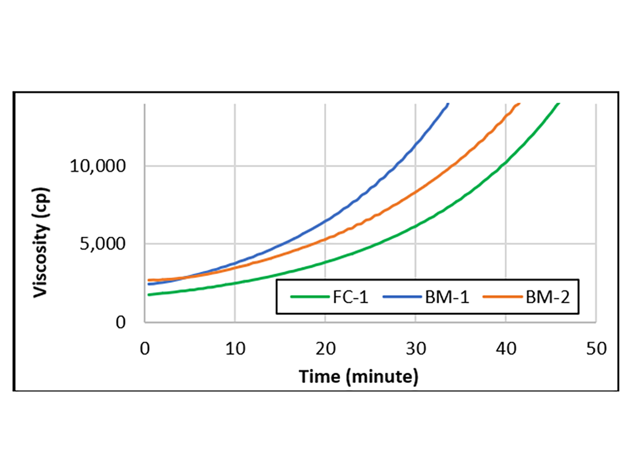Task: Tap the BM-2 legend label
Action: coord(549,297)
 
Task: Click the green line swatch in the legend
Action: coord(306,297)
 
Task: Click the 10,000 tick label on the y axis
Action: coord(97,166)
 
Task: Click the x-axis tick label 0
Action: coord(145,348)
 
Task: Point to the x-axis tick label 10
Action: coord(235,348)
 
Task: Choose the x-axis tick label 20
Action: coord(325,348)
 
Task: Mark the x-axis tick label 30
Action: coord(416,348)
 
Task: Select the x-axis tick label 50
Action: coord(596,348)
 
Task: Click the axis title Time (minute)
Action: coord(359,376)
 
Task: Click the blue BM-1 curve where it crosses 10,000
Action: coord(399,166)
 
